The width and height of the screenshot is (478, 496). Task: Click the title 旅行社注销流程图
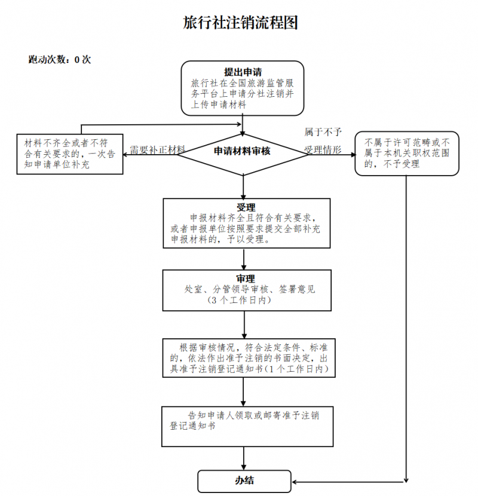[240, 23]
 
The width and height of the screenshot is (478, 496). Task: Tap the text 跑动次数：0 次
[60, 60]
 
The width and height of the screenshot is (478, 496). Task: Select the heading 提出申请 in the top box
[243, 72]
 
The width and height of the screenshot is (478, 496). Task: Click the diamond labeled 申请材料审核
[243, 155]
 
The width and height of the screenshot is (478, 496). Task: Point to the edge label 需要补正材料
[157, 149]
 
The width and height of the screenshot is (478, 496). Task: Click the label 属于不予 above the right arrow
[323, 131]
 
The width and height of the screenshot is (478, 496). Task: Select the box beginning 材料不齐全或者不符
[70, 154]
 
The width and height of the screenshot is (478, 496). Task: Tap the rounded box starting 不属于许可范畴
[407, 154]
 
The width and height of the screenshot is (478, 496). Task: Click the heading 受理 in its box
[246, 207]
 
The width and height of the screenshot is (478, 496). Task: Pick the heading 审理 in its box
[246, 278]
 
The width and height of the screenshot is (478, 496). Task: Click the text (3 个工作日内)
[239, 300]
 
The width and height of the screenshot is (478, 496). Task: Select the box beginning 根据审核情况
[249, 358]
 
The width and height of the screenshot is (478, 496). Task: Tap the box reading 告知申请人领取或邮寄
[247, 427]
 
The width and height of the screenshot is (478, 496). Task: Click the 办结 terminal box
[244, 481]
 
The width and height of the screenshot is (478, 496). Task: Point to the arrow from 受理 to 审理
[244, 259]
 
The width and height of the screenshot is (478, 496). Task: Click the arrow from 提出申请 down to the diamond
[243, 125]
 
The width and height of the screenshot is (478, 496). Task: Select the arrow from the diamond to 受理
[243, 187]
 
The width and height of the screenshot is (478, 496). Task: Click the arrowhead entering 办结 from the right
[294, 482]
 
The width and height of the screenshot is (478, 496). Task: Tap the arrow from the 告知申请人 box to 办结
[244, 458]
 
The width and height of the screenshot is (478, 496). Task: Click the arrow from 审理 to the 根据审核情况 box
[244, 325]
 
